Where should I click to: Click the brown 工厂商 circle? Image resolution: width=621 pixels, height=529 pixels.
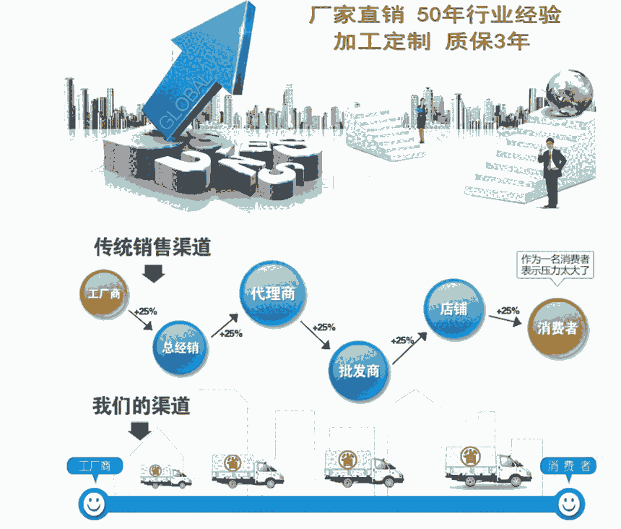(104, 293)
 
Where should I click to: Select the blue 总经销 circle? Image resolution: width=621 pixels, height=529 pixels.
(181, 348)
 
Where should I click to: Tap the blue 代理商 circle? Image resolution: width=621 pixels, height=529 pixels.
(273, 293)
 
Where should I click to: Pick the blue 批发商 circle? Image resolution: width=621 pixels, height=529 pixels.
(359, 371)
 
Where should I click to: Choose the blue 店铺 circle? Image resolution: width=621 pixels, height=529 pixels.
(454, 309)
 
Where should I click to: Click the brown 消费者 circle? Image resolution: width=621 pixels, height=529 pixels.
(557, 328)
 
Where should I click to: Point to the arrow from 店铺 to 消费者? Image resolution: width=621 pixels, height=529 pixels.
(505, 320)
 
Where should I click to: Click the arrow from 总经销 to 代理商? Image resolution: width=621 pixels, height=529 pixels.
(225, 325)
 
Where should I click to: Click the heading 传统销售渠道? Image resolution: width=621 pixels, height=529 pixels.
(152, 247)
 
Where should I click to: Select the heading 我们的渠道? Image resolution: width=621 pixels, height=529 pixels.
(142, 405)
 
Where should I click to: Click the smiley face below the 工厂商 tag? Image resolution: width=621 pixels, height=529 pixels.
(94, 504)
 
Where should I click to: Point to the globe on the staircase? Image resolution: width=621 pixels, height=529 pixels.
(569, 93)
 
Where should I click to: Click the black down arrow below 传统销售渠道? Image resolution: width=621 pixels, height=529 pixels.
(153, 273)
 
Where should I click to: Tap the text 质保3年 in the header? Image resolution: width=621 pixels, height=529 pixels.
(487, 41)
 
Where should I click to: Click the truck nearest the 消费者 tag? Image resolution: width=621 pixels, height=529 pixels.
(488, 466)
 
